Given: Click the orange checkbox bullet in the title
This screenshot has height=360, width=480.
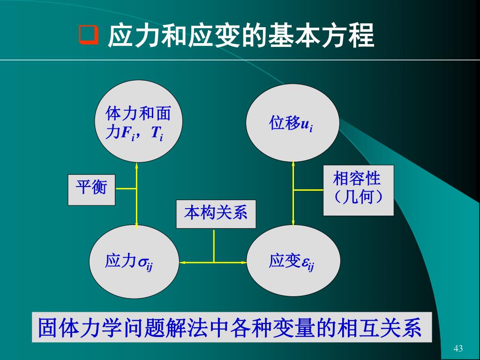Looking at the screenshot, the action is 88,36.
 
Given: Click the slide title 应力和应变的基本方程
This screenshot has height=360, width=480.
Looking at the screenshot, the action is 241,36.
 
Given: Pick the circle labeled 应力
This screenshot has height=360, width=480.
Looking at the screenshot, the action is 134,262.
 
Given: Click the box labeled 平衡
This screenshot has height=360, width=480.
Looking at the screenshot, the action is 91,189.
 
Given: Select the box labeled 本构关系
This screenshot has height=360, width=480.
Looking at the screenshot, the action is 216,214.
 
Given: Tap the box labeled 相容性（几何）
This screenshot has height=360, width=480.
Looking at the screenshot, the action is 358,190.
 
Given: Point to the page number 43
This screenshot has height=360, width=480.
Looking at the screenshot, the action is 458,348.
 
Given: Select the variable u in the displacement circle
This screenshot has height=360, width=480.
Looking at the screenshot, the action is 304,125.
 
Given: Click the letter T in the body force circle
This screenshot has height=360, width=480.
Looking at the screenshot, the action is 154,133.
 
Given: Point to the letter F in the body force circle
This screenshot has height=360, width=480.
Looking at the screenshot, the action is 125,133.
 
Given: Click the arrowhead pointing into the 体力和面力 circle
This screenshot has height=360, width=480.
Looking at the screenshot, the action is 136,165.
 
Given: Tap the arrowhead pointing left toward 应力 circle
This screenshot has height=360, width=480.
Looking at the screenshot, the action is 182,262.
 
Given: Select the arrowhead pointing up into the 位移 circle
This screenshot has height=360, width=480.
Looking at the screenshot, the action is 293,165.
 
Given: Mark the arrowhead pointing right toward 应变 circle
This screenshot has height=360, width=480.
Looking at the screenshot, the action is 244,262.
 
